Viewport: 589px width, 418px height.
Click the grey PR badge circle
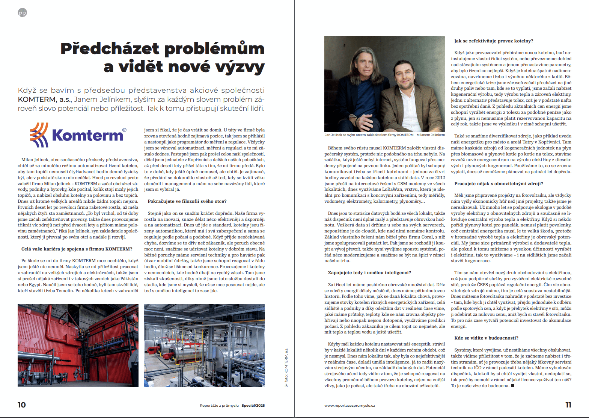(23, 13)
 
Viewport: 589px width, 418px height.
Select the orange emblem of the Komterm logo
(39, 135)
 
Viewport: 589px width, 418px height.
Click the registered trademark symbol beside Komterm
(124, 130)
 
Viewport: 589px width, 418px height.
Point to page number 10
(22, 405)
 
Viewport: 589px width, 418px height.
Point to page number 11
(568, 405)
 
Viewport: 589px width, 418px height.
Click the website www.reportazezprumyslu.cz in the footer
(349, 406)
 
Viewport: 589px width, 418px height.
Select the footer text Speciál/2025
(253, 406)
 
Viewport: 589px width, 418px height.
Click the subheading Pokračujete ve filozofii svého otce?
(187, 201)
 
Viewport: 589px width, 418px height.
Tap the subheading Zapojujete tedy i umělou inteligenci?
(369, 273)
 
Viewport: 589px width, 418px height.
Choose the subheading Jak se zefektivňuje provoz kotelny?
(494, 41)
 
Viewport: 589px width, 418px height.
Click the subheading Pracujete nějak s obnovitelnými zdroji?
(499, 184)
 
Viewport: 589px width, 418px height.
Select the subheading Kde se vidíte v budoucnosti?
(486, 338)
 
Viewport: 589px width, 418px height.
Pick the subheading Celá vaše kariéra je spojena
(77, 249)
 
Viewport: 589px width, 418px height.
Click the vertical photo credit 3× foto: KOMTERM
(286, 368)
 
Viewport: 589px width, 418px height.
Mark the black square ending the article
(512, 386)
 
